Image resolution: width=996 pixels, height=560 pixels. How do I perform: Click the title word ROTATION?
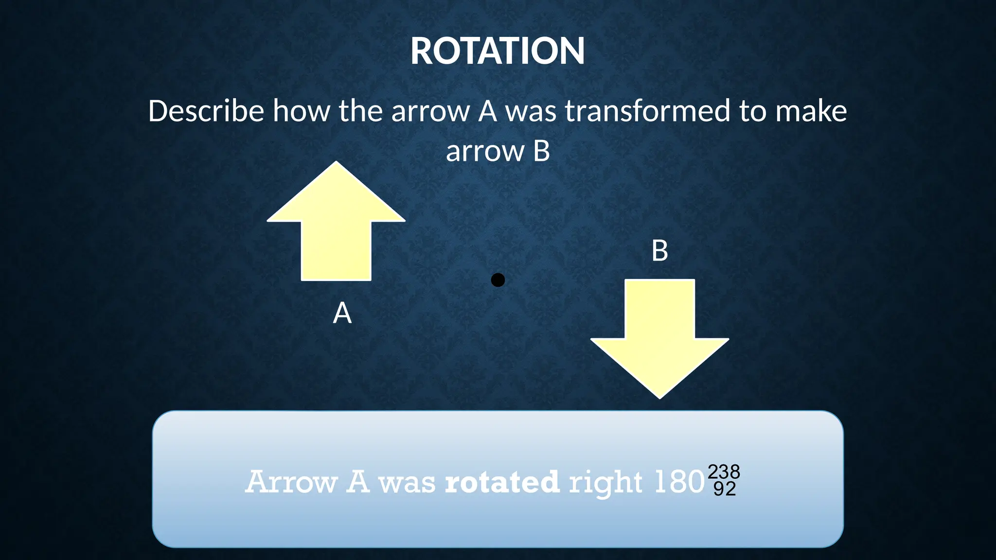pyautogui.click(x=498, y=51)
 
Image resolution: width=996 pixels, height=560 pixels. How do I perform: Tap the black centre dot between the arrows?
pyautogui.click(x=498, y=280)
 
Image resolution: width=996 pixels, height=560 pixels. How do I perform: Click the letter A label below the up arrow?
pyautogui.click(x=342, y=313)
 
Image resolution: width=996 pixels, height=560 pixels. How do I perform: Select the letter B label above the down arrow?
pyautogui.click(x=659, y=251)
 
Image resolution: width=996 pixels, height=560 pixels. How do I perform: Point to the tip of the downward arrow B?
pyautogui.click(x=659, y=396)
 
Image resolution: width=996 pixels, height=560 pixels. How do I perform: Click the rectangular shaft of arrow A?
pyautogui.click(x=336, y=250)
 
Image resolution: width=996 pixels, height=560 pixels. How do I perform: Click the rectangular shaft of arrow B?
pyautogui.click(x=659, y=309)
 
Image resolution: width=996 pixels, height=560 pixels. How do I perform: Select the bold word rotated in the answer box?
pyautogui.click(x=502, y=482)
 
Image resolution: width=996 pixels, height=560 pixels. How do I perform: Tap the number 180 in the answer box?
pyautogui.click(x=679, y=482)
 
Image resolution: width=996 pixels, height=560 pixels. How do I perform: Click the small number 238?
pyautogui.click(x=724, y=472)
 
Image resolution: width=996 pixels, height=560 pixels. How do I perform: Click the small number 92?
pyautogui.click(x=724, y=489)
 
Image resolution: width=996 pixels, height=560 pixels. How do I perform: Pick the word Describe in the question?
pyautogui.click(x=206, y=111)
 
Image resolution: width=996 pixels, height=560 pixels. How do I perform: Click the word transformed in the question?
pyautogui.click(x=647, y=111)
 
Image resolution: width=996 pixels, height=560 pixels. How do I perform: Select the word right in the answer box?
pyautogui.click(x=605, y=483)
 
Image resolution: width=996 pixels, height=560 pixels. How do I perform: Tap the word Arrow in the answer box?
pyautogui.click(x=291, y=482)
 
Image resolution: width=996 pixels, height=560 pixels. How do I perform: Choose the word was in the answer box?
pyautogui.click(x=407, y=483)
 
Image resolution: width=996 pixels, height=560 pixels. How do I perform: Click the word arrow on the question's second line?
pyautogui.click(x=484, y=151)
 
